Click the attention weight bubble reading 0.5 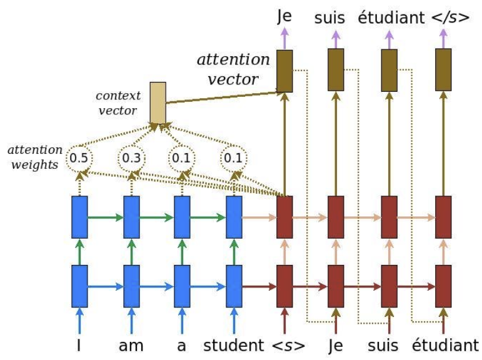point(79,157)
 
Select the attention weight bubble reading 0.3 point(131,157)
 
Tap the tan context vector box point(158,102)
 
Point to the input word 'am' point(131,345)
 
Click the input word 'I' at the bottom point(79,344)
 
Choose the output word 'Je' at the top point(284,17)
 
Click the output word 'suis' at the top point(329,17)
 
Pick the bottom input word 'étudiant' point(446,344)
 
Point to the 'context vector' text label point(118,102)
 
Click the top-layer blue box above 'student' point(234,217)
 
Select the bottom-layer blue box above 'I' point(79,286)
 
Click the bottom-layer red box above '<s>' point(284,286)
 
